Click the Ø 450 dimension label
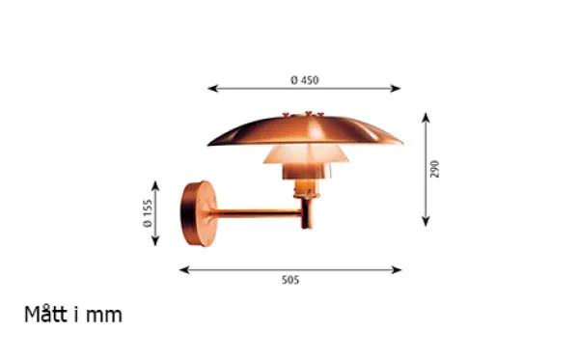pos(305,80)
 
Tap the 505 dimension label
pos(290,280)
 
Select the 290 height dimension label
pos(434,169)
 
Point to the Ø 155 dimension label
pos(148,213)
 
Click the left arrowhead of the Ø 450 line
pos(212,89)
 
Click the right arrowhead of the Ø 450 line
pos(396,89)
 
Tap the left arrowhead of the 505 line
pos(184,270)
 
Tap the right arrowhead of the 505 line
pos(397,270)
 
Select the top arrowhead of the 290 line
pos(426,118)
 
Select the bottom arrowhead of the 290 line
pos(426,221)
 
